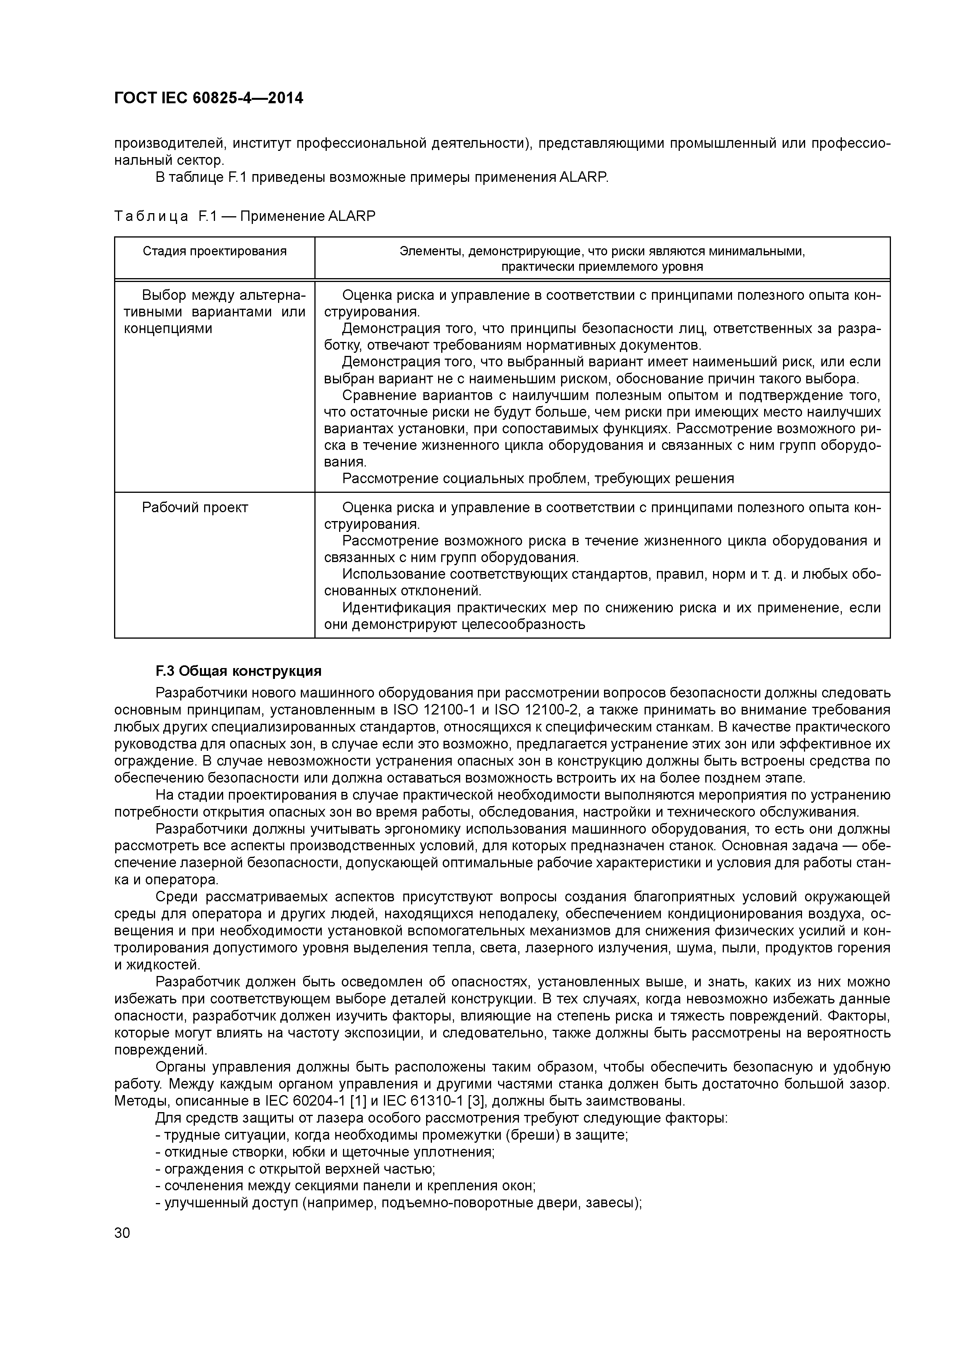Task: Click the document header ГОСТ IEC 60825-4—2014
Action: click(x=208, y=98)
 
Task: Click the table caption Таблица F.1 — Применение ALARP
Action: click(x=245, y=216)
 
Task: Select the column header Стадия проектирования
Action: click(x=215, y=251)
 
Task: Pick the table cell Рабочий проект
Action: click(x=195, y=508)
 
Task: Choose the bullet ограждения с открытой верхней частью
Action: click(x=295, y=1169)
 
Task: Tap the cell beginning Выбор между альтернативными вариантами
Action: click(x=215, y=311)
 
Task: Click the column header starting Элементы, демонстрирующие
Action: click(x=602, y=258)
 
